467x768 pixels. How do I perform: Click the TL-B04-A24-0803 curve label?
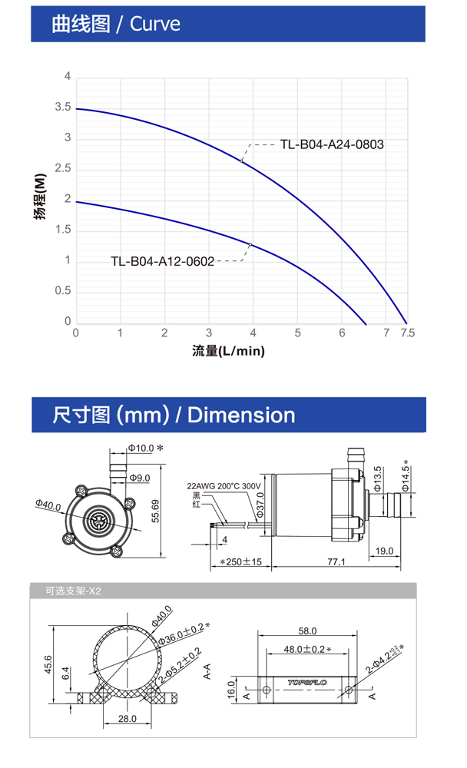click(x=332, y=144)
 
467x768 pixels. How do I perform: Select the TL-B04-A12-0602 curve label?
click(x=163, y=261)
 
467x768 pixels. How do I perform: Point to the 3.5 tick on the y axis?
click(x=63, y=107)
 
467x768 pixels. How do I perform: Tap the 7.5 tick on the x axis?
click(x=407, y=333)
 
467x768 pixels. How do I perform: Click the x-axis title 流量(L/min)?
click(x=228, y=351)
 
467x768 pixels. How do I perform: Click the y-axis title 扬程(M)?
click(x=40, y=196)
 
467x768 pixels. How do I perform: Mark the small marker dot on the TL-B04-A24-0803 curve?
click(x=242, y=161)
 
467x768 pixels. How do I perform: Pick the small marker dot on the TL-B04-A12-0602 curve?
click(x=250, y=244)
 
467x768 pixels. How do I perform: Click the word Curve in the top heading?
click(x=155, y=24)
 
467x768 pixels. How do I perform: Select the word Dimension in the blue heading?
click(x=241, y=415)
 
